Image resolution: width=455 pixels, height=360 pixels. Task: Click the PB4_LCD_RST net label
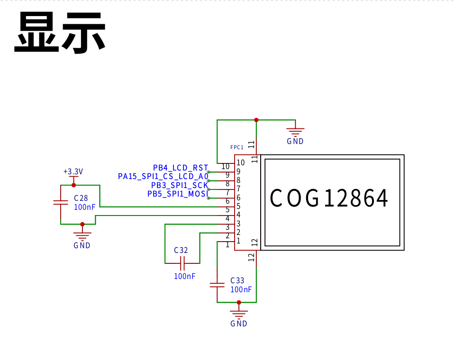click(x=181, y=168)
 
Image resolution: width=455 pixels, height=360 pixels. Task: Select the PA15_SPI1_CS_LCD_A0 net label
click(x=163, y=176)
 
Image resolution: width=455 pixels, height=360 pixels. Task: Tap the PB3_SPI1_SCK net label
click(x=180, y=185)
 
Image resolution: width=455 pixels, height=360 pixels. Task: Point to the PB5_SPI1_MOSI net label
click(x=178, y=194)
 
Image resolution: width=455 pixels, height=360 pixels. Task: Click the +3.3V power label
click(x=73, y=171)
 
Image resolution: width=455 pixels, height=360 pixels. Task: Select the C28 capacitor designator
click(x=81, y=198)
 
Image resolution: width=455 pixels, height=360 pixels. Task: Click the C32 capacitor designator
click(x=181, y=250)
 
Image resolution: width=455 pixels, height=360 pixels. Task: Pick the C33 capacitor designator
click(x=237, y=280)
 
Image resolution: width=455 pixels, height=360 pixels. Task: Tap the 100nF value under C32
click(x=184, y=276)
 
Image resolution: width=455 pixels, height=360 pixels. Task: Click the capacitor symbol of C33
click(x=217, y=285)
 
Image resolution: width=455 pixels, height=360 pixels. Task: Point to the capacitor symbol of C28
click(x=61, y=202)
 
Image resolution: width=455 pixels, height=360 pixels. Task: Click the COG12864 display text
click(x=329, y=198)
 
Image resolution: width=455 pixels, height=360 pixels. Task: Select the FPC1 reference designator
click(x=237, y=147)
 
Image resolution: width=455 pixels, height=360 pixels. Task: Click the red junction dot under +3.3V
click(x=74, y=185)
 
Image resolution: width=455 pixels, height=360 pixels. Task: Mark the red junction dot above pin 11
click(x=256, y=120)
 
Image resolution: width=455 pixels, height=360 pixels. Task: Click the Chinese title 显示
click(x=60, y=33)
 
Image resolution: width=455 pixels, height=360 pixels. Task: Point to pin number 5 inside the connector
click(x=238, y=206)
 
